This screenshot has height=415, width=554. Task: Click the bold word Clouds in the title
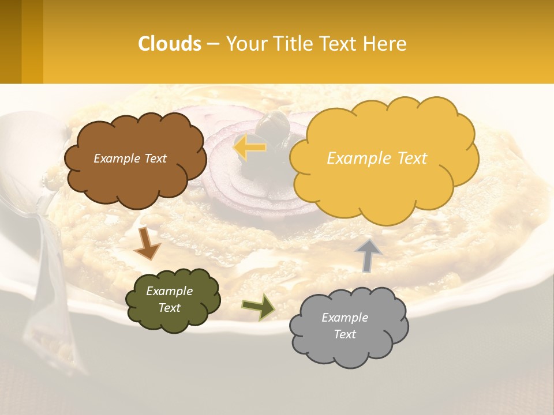point(170,44)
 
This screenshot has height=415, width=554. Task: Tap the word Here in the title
point(385,44)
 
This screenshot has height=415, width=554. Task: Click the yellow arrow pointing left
point(249,148)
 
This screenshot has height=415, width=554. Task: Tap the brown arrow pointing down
point(147,244)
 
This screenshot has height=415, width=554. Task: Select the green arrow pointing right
point(259,307)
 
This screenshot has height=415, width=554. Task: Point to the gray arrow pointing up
point(368,254)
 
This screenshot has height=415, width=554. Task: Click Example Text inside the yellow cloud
point(377,159)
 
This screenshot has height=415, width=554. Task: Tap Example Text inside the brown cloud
point(130,159)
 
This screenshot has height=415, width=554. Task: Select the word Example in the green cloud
point(169,291)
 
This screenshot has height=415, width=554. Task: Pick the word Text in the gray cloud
point(345,334)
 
